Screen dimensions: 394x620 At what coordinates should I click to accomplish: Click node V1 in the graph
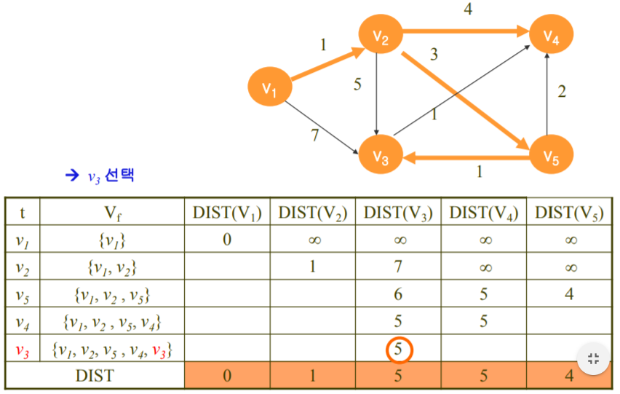[x=270, y=89]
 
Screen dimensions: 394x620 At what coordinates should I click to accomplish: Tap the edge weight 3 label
[x=434, y=55]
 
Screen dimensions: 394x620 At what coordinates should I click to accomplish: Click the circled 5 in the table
[x=398, y=350]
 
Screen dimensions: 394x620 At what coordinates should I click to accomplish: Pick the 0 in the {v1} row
[x=227, y=239]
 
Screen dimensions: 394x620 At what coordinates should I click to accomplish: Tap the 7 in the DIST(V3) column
[x=398, y=267]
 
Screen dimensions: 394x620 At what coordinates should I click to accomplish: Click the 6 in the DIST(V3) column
[x=398, y=294]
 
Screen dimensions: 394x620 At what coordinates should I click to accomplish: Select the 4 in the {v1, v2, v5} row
[x=571, y=294]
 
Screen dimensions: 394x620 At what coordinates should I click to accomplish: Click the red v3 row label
[x=23, y=350]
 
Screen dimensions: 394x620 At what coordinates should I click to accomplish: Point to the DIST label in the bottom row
[x=95, y=376]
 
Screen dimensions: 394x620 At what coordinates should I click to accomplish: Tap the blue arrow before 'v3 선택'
[x=71, y=175]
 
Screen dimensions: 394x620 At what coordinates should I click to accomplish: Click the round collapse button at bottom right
[x=592, y=358]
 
